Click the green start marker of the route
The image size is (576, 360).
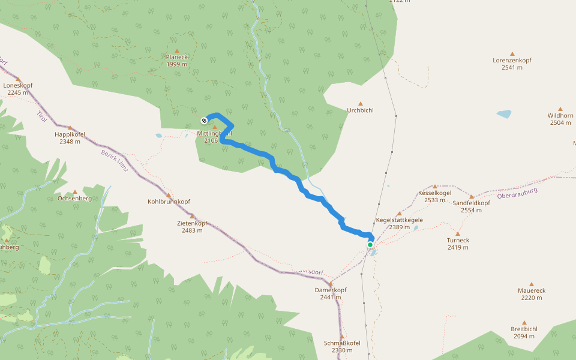tap(370, 244)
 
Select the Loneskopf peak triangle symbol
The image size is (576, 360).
tap(18, 79)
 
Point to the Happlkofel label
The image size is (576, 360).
tap(70, 134)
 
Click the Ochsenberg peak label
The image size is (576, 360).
tap(74, 198)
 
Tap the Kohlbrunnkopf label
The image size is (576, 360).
tap(169, 202)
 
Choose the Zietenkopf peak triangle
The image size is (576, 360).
tap(193, 216)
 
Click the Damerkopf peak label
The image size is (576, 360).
tap(331, 290)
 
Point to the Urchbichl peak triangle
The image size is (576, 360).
tap(361, 103)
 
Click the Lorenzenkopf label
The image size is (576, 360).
tap(512, 61)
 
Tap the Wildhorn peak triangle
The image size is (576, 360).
tap(560, 109)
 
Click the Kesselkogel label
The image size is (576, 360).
tap(434, 193)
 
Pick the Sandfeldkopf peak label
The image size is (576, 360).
tap(472, 203)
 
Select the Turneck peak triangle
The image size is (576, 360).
tap(458, 233)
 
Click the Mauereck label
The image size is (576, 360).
tap(531, 290)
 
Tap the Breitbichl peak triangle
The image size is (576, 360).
tap(524, 322)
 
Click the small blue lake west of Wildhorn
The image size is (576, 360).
tap(504, 113)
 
